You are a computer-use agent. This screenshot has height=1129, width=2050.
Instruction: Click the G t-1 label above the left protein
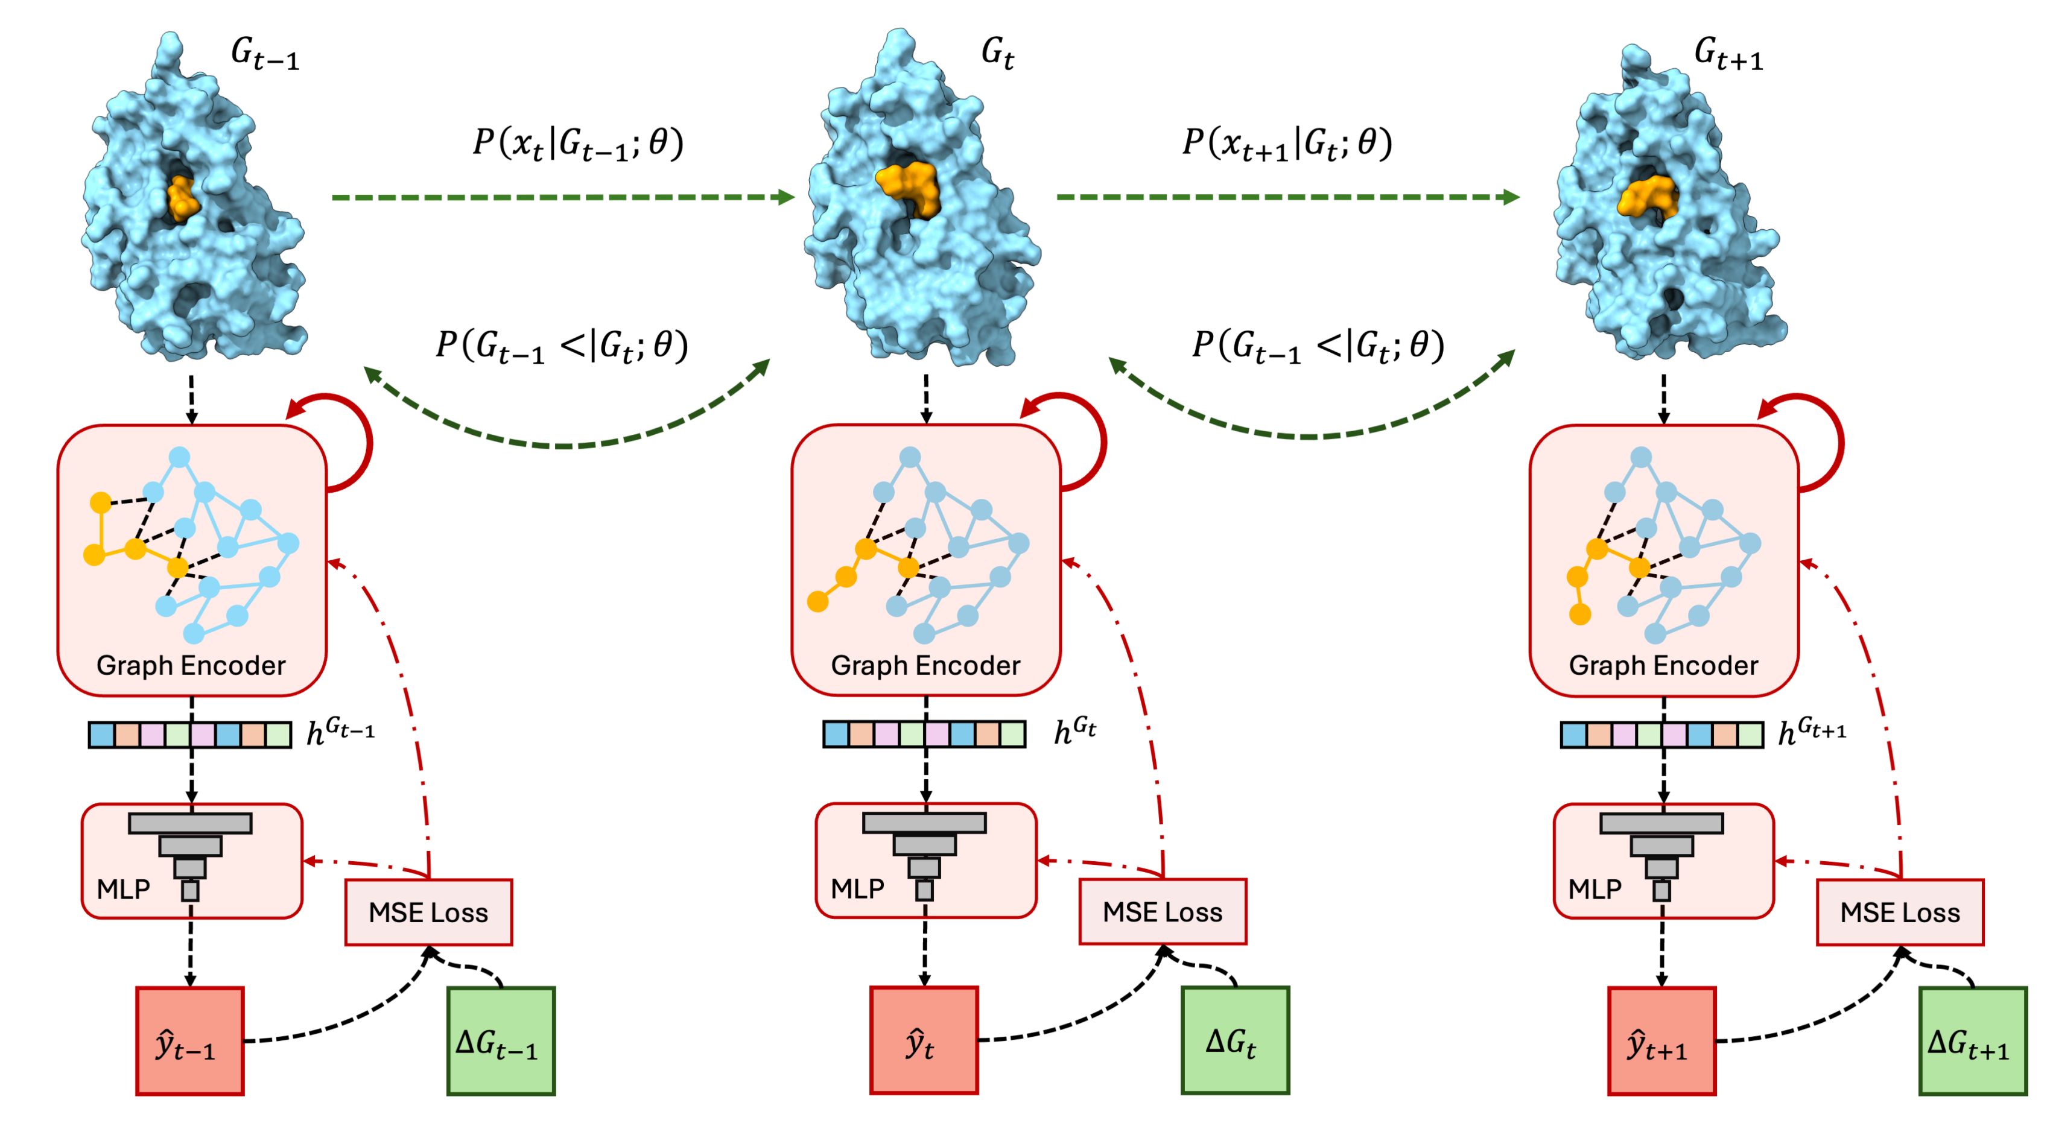(x=264, y=55)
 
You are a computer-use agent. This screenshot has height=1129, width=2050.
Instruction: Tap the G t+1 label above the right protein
(x=1728, y=55)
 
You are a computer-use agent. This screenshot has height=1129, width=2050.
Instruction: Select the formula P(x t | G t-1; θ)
(x=578, y=145)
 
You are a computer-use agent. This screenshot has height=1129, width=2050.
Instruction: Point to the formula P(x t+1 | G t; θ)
(x=1287, y=145)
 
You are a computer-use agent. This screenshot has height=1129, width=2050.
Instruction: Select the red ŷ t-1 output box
(x=190, y=1041)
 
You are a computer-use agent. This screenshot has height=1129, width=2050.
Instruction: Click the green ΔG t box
(x=1235, y=1041)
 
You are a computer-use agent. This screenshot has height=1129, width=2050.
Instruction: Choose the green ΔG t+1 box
(x=1973, y=1041)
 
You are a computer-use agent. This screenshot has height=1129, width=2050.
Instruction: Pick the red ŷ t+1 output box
(x=1661, y=1041)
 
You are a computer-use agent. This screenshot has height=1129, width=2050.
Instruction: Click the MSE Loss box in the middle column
(x=1163, y=912)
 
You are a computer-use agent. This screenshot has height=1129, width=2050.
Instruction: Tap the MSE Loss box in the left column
(x=429, y=912)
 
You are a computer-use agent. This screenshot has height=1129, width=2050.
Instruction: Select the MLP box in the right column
(x=1663, y=861)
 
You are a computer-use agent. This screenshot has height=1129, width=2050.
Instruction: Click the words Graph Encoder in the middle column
(x=925, y=665)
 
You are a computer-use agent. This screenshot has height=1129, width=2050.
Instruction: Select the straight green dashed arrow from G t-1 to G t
(x=563, y=197)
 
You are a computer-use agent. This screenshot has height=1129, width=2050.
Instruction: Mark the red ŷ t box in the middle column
(x=924, y=1041)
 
